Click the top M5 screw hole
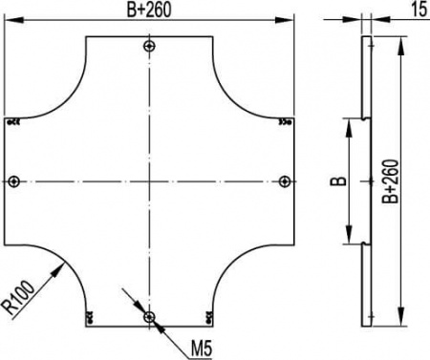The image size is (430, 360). (149, 47)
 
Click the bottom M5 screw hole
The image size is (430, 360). (149, 317)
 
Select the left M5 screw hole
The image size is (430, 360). (13, 181)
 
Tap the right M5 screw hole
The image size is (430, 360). (284, 181)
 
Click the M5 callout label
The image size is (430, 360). (202, 349)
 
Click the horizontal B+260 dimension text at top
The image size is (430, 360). (149, 10)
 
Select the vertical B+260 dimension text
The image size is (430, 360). (391, 181)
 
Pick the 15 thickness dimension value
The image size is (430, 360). (419, 10)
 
